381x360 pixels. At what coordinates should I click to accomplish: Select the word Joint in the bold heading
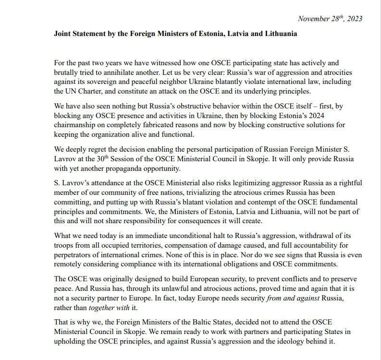(63, 34)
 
